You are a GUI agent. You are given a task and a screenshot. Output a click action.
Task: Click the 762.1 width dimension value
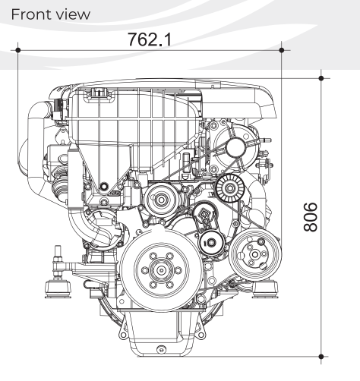150,39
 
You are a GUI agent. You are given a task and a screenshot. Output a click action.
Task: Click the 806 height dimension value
311,217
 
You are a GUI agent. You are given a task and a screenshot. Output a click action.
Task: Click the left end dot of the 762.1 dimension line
17,50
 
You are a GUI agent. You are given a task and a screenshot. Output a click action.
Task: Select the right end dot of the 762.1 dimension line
282,50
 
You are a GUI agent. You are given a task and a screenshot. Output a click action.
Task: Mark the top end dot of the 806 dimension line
321,78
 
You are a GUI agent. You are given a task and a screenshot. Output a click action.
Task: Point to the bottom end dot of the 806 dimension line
321,357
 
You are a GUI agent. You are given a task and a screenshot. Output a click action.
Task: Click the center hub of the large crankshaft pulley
161,270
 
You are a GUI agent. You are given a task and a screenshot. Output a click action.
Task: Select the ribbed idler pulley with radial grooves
230,188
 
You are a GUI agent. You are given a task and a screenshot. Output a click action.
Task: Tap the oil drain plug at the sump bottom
161,350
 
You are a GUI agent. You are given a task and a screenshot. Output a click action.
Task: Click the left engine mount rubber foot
58,288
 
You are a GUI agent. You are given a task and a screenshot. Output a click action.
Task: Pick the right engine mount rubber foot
265,289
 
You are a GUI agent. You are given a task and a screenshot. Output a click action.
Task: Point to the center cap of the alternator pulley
235,147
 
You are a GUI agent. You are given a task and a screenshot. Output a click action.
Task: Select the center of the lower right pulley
255,254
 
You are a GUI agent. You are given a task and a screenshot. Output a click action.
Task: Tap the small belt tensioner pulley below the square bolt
212,243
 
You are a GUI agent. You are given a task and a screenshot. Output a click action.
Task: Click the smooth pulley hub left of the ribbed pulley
161,200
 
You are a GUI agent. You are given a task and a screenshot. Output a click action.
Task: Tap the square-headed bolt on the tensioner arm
204,215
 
